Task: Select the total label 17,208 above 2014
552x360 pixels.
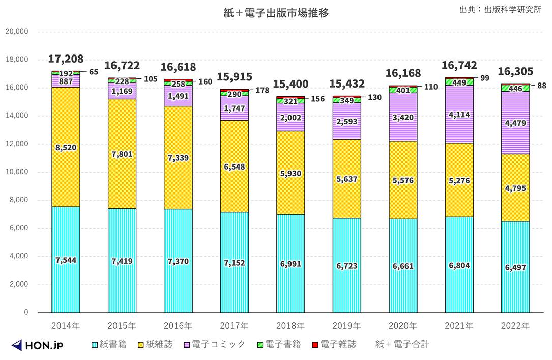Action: click(66, 59)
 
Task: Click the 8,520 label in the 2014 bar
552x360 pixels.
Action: click(66, 148)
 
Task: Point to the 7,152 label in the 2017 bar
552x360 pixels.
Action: click(234, 263)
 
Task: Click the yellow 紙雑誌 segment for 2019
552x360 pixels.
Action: click(346, 179)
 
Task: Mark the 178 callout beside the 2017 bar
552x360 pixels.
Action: click(263, 90)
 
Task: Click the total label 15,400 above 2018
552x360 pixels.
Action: click(290, 83)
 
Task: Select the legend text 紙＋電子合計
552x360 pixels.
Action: click(402, 345)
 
